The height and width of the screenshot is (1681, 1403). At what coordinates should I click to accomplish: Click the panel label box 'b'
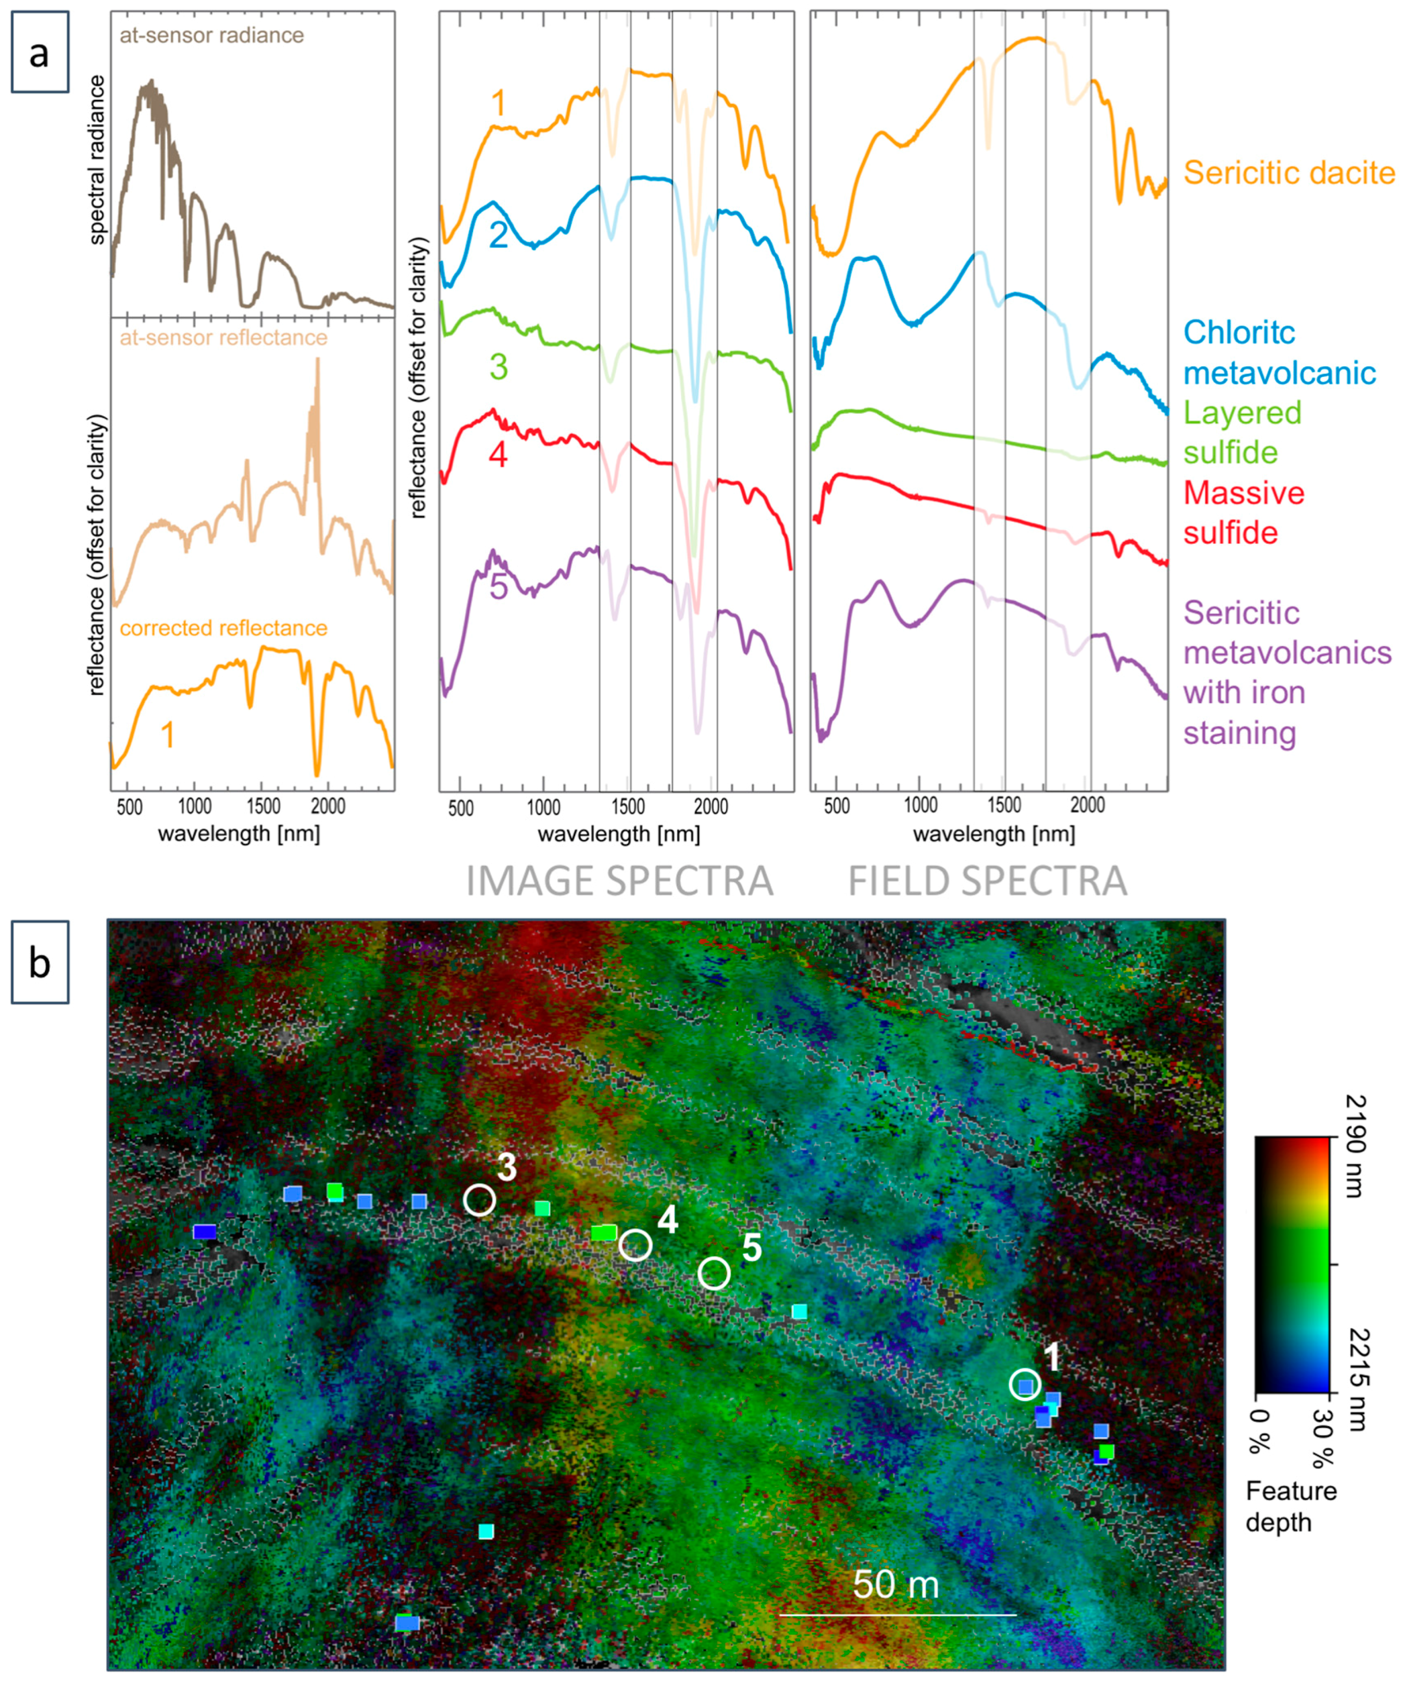tap(39, 962)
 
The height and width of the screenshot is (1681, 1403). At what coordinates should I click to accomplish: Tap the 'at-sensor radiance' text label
tap(212, 35)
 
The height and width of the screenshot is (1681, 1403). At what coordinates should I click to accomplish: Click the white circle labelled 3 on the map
tap(480, 1199)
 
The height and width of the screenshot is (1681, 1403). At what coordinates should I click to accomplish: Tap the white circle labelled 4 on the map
tap(635, 1245)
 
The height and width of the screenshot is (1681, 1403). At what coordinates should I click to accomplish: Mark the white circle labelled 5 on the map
tap(714, 1273)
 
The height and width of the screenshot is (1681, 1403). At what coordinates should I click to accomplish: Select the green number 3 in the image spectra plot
tap(498, 366)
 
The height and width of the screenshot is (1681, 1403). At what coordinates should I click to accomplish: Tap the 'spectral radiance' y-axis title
tap(97, 159)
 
